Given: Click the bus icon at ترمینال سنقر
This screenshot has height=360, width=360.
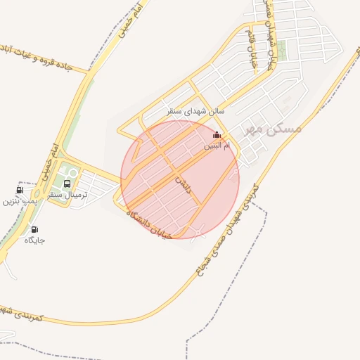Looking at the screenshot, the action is point(67,184).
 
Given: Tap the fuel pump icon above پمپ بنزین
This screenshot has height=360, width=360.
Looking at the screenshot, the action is point(19,190).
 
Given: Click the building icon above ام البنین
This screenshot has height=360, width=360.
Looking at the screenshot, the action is point(216,135).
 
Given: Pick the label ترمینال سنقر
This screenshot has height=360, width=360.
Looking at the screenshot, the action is point(67,195).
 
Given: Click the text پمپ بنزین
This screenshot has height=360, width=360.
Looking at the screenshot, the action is point(19,201).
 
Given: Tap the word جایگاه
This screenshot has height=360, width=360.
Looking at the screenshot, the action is point(34,240).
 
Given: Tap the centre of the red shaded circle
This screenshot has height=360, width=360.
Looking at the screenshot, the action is point(180,179).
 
